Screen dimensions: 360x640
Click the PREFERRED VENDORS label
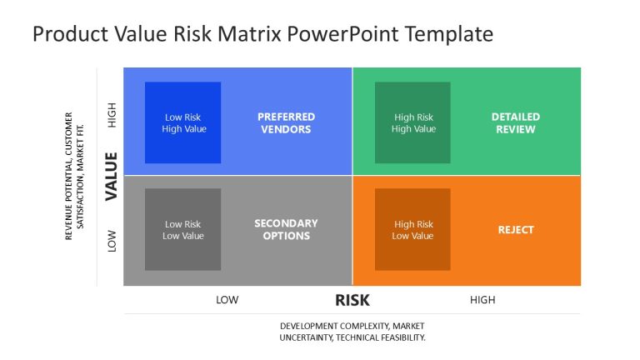point(286,123)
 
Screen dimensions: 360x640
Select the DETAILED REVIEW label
point(515,123)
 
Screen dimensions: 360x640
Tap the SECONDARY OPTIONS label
point(286,229)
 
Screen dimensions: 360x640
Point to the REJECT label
point(515,229)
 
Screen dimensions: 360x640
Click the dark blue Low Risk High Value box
point(183,122)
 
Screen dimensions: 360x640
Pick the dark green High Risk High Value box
point(412,122)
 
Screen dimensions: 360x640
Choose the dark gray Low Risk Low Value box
point(183,229)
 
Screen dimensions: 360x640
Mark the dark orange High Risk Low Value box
point(412,229)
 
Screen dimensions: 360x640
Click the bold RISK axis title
point(352,301)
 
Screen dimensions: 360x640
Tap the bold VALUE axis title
point(111,175)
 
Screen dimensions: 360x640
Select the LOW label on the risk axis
point(227,301)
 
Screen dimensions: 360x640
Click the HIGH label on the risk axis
point(482,301)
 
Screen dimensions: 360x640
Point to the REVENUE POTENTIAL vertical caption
point(74,176)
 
